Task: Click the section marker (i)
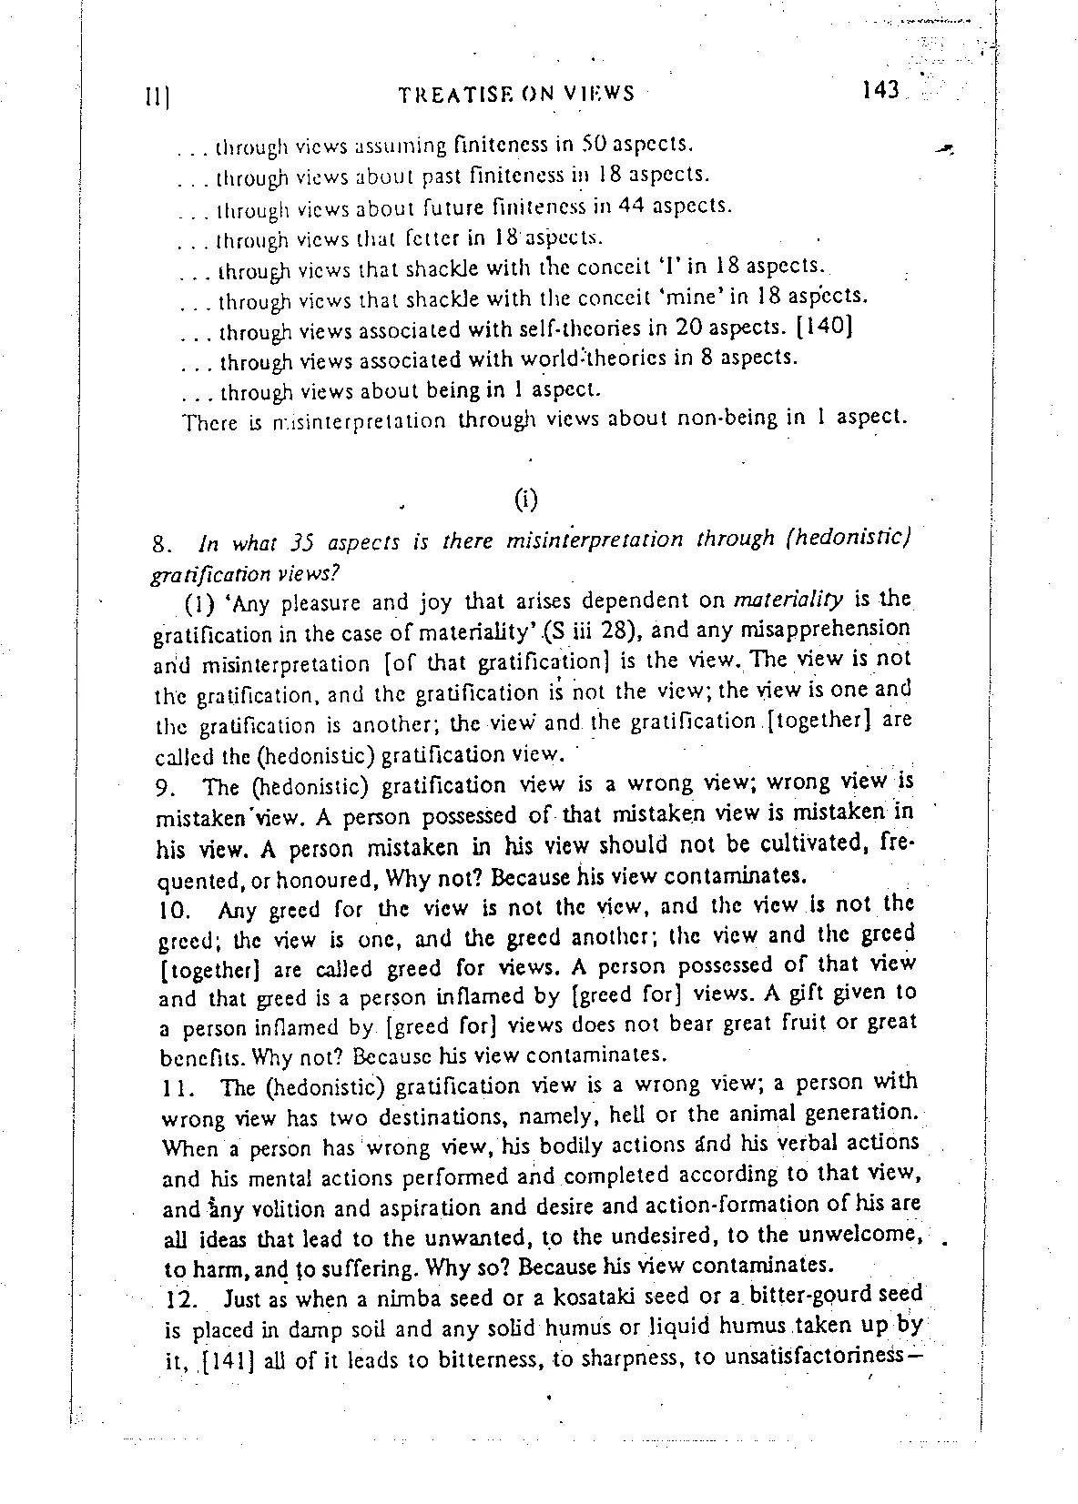pos(526,499)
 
